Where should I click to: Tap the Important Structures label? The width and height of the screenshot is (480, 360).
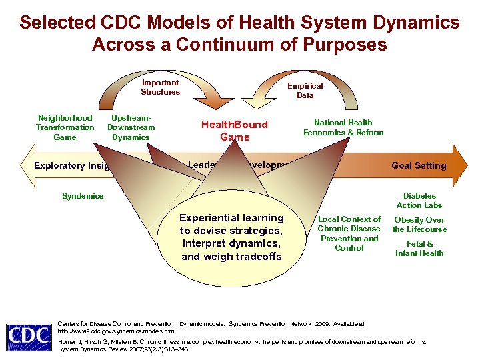tap(160, 87)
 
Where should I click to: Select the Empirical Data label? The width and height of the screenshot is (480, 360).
tap(305, 91)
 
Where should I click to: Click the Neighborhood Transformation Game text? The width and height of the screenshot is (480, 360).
tap(65, 127)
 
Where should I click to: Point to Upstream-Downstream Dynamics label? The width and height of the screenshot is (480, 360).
tap(131, 127)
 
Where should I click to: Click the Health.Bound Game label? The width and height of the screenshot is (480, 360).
tap(235, 131)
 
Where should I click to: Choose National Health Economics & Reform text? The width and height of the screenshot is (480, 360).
tap(343, 127)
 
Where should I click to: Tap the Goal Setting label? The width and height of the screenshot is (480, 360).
tap(419, 165)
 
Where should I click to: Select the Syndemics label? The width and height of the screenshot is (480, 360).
tap(83, 196)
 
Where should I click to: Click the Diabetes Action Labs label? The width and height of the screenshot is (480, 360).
tap(419, 201)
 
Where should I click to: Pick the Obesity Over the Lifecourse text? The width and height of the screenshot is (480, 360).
tap(419, 225)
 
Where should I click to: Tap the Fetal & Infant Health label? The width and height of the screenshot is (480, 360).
tap(419, 249)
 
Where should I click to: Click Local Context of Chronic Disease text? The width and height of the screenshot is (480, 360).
tap(349, 233)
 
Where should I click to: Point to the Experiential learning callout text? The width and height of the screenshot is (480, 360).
tap(231, 237)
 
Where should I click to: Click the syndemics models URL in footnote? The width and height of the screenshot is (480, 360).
tap(117, 331)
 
